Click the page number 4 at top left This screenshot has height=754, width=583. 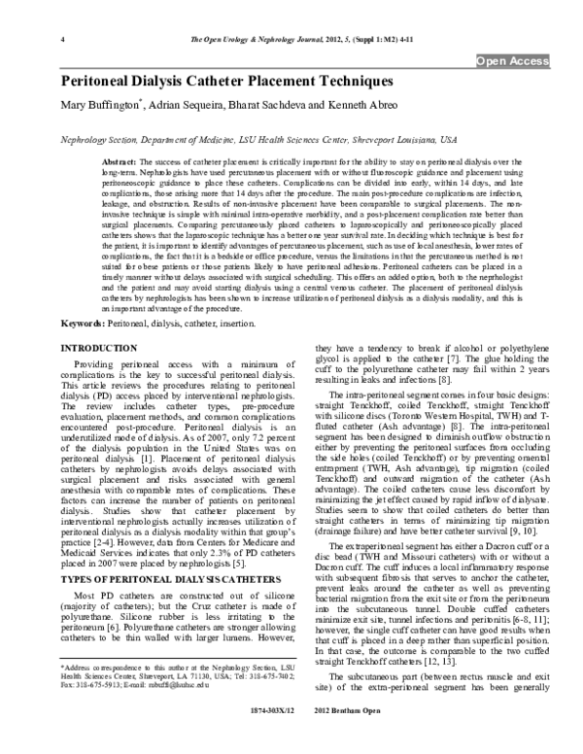pos(62,40)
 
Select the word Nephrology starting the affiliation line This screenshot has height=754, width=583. pos(85,140)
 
